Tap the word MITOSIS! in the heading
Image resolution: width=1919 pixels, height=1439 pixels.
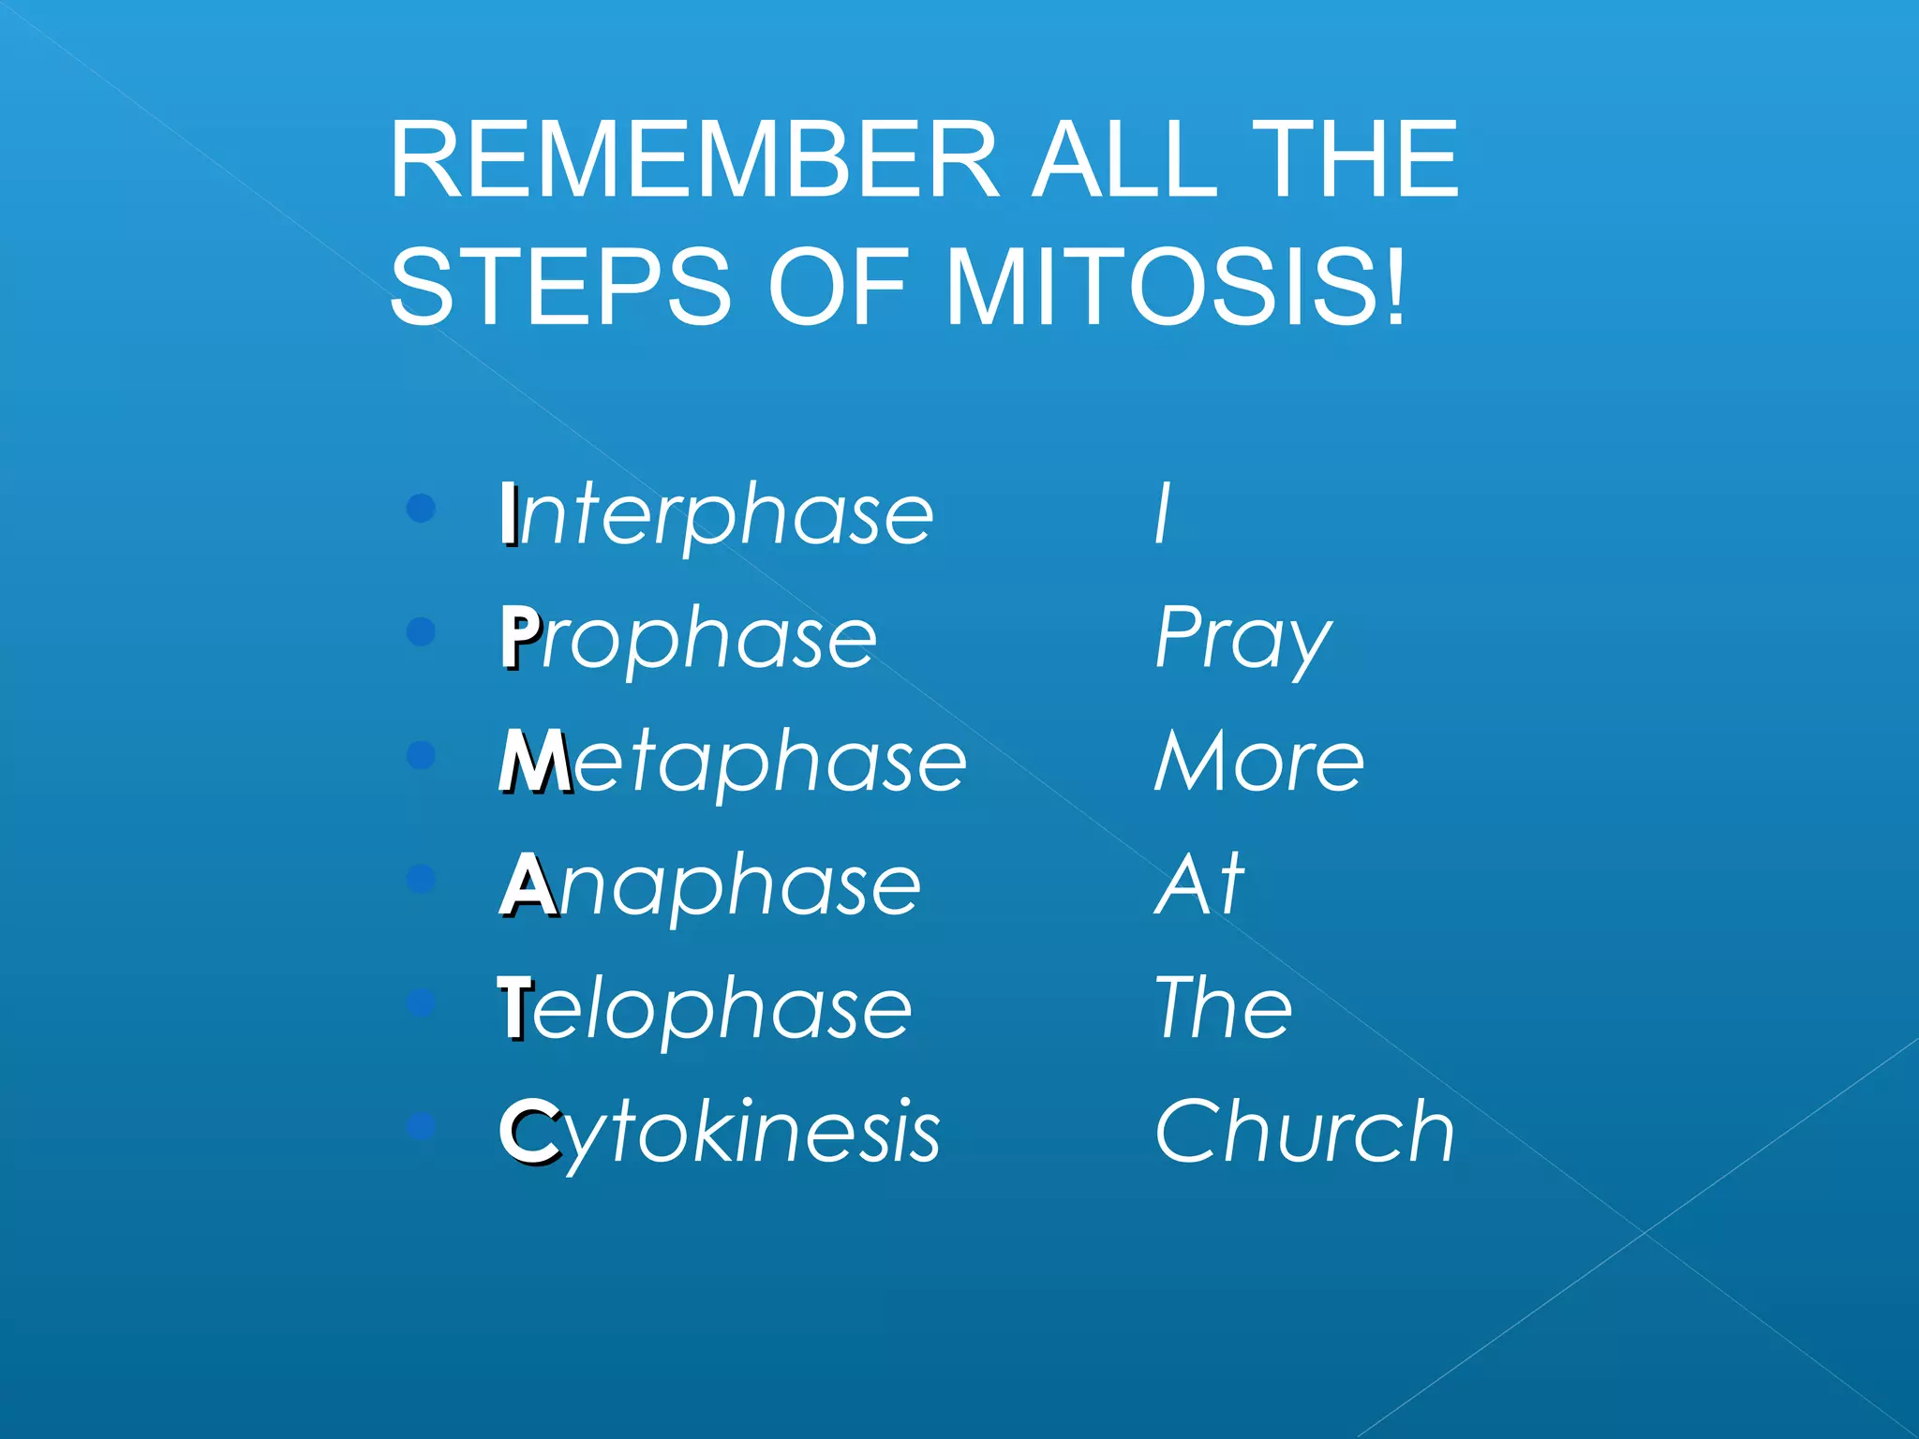pos(1176,288)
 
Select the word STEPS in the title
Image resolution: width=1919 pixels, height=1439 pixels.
pos(560,288)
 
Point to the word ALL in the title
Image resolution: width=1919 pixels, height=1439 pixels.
pos(1124,160)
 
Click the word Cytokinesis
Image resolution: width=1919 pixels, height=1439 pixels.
pos(720,1132)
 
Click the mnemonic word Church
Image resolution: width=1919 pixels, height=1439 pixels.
pos(1304,1132)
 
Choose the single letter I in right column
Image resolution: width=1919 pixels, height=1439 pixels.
pos(1163,513)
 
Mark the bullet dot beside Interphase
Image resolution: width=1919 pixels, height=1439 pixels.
pos(422,508)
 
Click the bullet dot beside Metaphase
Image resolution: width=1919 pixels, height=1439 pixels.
pos(422,755)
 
